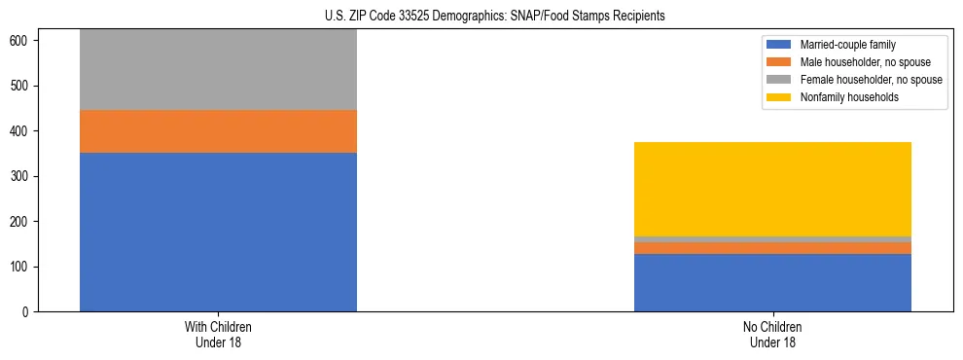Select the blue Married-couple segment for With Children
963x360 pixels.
[x=218, y=232]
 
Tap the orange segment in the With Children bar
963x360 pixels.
[x=218, y=131]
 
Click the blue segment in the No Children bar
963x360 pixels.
[x=772, y=282]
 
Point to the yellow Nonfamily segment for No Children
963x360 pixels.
[x=772, y=189]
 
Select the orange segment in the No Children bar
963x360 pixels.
[x=772, y=248]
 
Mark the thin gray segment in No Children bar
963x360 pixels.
[x=772, y=239]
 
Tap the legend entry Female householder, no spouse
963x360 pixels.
[x=870, y=80]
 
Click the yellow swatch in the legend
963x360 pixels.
[x=780, y=97]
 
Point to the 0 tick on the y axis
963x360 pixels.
[x=30, y=312]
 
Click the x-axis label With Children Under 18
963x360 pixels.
[x=218, y=334]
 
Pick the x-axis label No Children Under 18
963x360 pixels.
[x=772, y=334]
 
